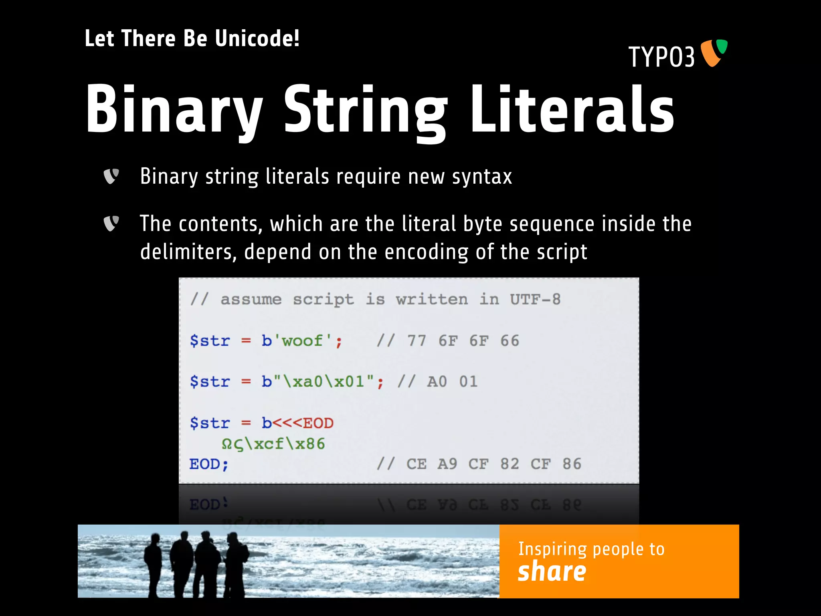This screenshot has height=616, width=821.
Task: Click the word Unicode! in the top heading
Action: click(x=257, y=38)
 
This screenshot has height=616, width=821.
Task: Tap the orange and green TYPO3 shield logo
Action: click(x=714, y=53)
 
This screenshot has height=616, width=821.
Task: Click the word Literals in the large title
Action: click(x=572, y=109)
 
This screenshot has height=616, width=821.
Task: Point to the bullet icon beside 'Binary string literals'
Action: click(x=111, y=176)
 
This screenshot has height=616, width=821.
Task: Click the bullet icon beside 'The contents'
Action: click(x=111, y=223)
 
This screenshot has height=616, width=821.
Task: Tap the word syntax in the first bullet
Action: click(x=482, y=177)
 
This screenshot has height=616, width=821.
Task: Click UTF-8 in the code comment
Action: click(x=535, y=299)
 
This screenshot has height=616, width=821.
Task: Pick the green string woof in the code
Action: click(x=302, y=341)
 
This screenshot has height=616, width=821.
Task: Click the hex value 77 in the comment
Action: click(x=417, y=341)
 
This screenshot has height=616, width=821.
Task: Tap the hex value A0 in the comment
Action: click(x=437, y=382)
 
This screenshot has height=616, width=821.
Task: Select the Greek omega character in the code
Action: click(x=226, y=444)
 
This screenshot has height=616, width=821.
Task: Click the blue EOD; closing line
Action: click(x=209, y=464)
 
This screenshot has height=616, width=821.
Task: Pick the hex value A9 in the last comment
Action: click(x=447, y=464)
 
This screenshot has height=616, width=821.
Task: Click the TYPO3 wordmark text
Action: click(x=661, y=57)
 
